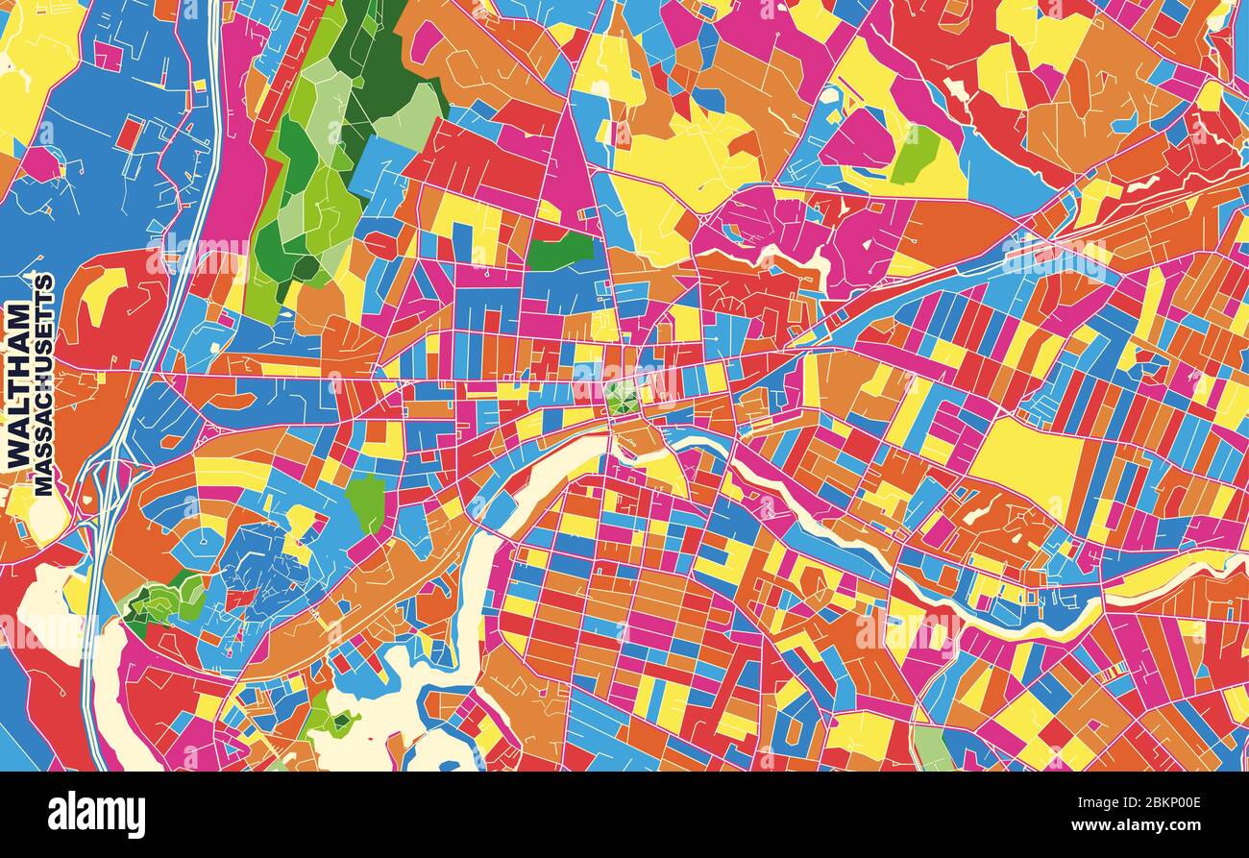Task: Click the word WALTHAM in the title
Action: pos(18,385)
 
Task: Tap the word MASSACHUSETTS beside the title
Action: pos(44,384)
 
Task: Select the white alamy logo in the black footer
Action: pos(96,815)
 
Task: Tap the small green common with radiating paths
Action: pos(622,397)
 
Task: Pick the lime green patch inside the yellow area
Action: pos(915,154)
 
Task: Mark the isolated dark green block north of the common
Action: pos(559,252)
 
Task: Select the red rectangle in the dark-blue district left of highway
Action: pos(128,134)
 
